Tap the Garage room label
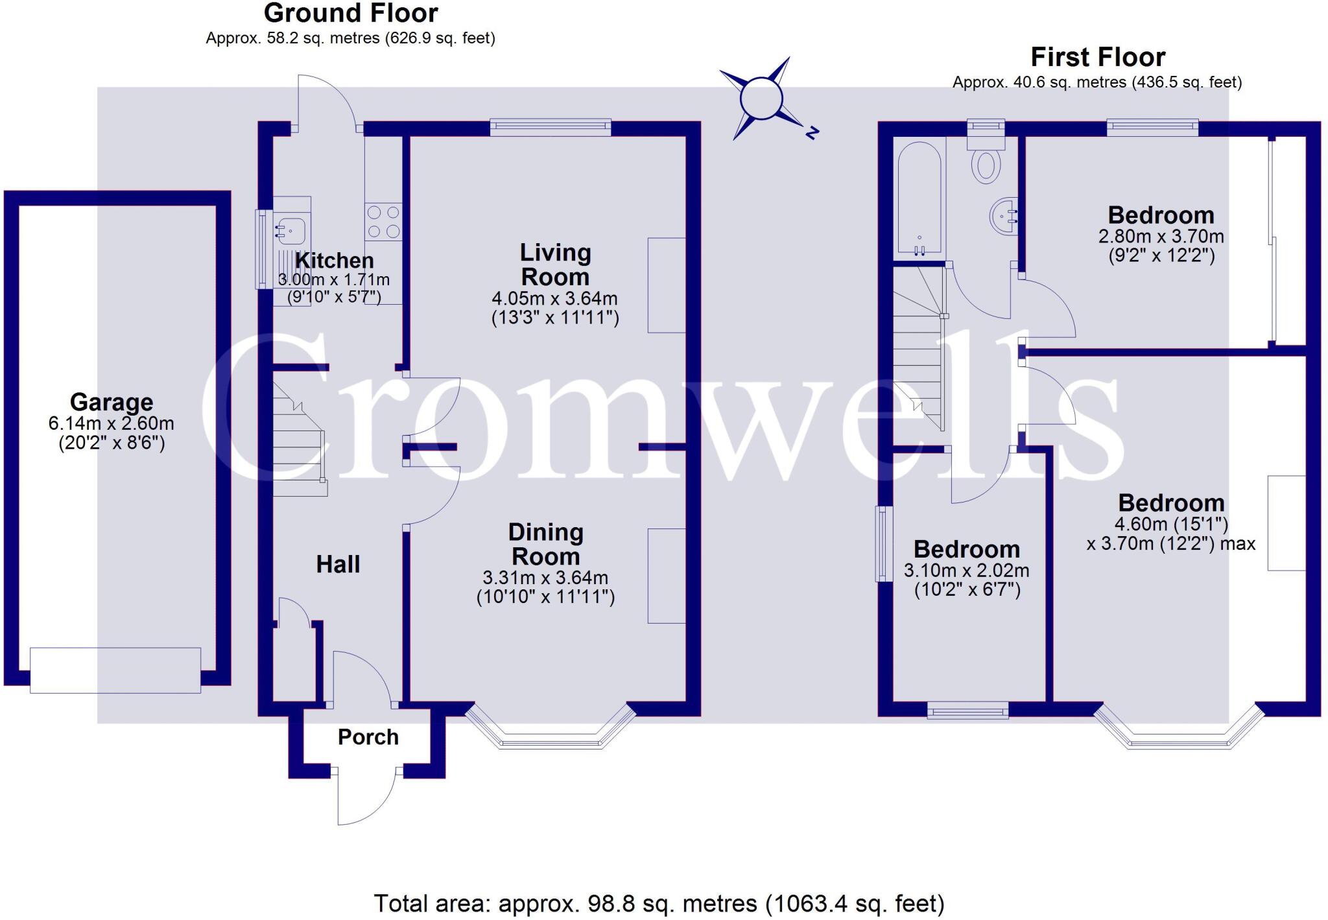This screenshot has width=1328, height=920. (x=112, y=402)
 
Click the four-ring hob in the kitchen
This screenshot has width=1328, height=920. (x=383, y=222)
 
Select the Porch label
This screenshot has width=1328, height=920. (x=368, y=737)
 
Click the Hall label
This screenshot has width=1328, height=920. (x=338, y=564)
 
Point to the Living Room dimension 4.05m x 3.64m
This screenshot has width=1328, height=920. (x=554, y=299)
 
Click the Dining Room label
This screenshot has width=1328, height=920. (x=545, y=544)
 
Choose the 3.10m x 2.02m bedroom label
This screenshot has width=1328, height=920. (x=966, y=550)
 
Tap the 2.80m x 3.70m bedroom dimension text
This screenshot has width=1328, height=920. (x=1161, y=236)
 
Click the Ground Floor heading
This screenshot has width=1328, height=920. (x=351, y=14)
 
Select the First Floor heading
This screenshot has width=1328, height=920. (x=1098, y=58)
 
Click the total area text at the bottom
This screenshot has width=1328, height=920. (x=659, y=903)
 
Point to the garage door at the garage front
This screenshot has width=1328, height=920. (x=115, y=670)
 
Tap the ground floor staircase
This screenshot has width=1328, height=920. (x=298, y=441)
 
